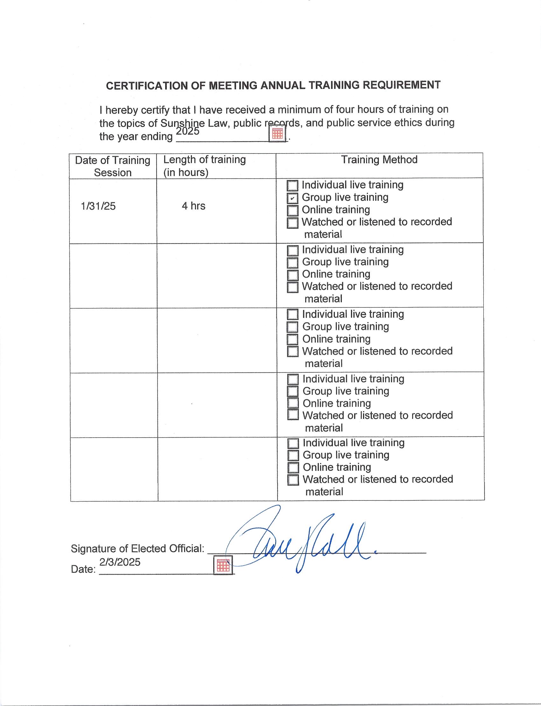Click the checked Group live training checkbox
pos(292,198)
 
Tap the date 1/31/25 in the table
pos(98,206)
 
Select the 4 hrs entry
pos(193,206)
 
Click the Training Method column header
pos(379,160)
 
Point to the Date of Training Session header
pos(113,166)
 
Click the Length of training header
pos(205,166)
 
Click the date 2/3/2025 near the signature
pos(120,562)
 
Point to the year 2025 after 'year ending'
pos(188,131)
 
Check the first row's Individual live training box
pos(292,186)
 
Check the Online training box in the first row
pos(292,210)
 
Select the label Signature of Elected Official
pos(137,548)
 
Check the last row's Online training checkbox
pos(293,467)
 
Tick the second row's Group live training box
pos(292,263)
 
